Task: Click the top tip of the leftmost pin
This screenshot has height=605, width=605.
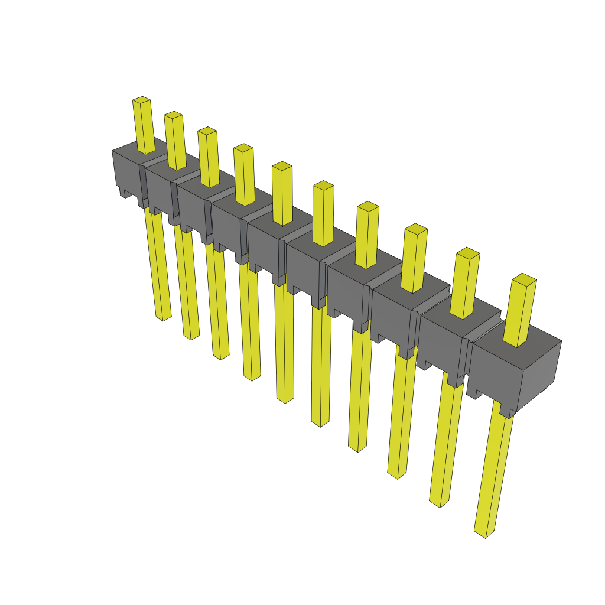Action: point(141,100)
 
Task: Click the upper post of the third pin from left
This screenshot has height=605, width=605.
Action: point(209,157)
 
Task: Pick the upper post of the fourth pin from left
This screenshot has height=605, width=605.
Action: point(245,175)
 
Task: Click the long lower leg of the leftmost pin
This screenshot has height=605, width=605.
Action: point(158,266)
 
